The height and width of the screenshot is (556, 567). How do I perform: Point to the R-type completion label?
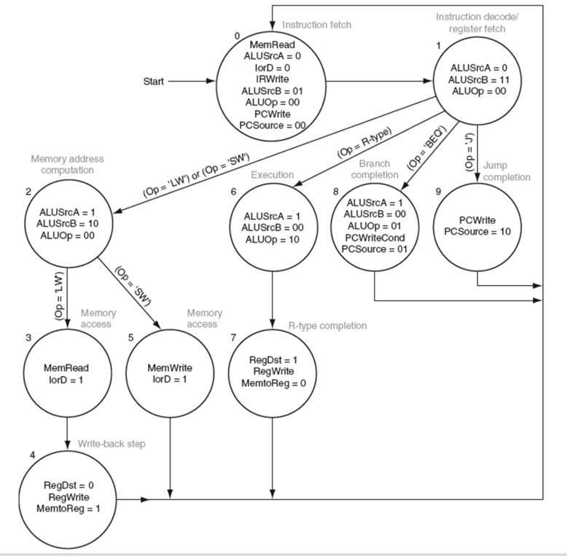pos(326,325)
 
